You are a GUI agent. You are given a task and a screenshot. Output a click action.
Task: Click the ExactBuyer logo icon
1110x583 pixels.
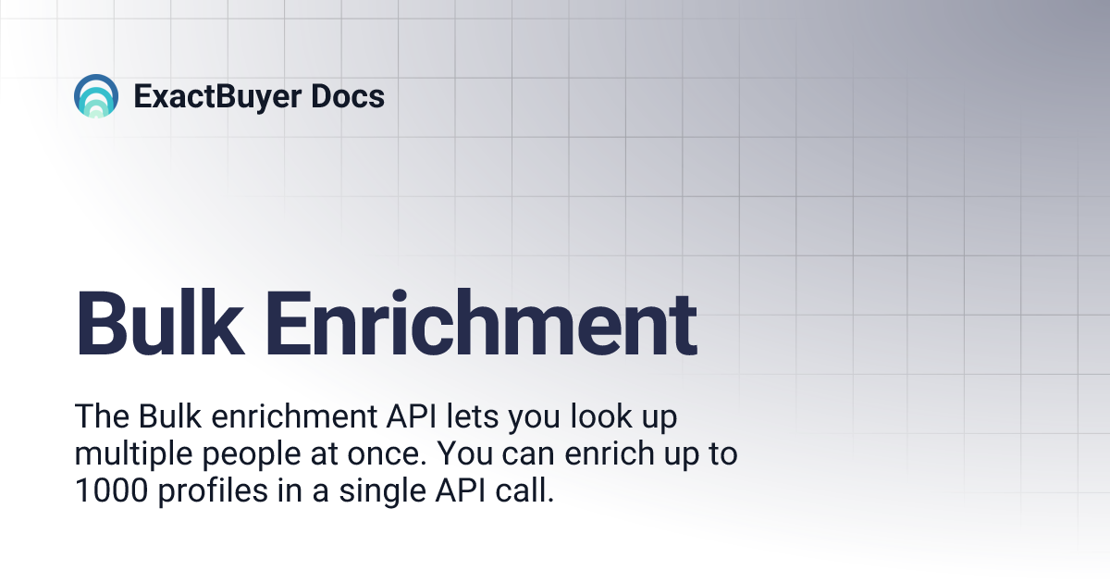[96, 96]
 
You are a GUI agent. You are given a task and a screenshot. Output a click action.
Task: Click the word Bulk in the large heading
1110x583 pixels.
[148, 324]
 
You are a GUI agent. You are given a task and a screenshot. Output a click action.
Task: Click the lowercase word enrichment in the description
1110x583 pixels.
[291, 417]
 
